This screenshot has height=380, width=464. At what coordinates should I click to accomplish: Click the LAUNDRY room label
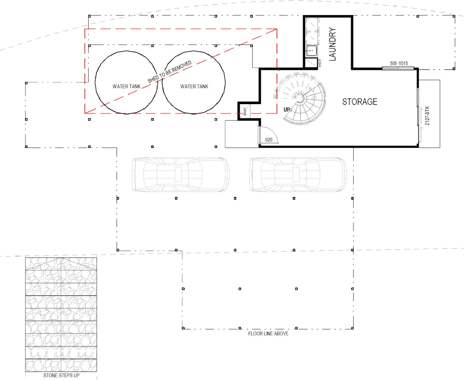coord(332,44)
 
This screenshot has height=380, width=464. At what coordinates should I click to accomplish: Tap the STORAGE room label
coord(360,102)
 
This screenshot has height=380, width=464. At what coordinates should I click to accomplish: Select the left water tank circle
coord(95,83)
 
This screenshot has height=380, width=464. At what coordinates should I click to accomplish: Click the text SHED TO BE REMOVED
coord(169,72)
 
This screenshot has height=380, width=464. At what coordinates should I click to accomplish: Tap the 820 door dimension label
coord(269,140)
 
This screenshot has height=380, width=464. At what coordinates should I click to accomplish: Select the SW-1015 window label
coord(399,63)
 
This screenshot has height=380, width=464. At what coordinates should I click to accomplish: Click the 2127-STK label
coord(427,116)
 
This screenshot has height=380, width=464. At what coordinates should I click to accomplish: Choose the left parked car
coord(181,174)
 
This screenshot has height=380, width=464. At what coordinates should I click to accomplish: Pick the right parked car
coord(298,174)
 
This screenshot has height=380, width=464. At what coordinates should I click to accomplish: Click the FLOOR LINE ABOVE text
coord(268,334)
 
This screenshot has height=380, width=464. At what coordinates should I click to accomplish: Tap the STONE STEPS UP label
coord(61,375)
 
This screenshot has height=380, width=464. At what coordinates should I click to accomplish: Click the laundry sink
coord(312,51)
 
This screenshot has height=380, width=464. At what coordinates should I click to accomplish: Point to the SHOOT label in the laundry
coord(320,63)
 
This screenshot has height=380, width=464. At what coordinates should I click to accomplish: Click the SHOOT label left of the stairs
coord(245,111)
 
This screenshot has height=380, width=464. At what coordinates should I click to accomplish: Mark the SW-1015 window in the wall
coord(398,68)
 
